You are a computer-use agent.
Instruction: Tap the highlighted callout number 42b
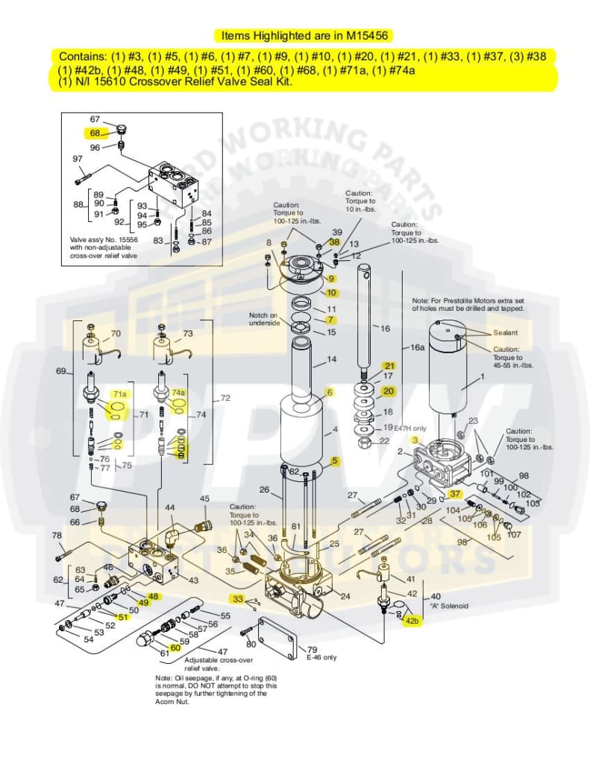click(412, 621)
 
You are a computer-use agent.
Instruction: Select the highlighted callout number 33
click(237, 598)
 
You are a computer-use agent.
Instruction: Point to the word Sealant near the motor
click(505, 332)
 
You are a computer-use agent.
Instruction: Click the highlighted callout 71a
click(119, 393)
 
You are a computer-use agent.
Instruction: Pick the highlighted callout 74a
click(178, 392)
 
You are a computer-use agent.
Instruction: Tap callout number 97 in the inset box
click(77, 159)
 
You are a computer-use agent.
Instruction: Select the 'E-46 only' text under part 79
click(321, 657)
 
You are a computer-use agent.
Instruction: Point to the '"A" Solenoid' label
click(448, 606)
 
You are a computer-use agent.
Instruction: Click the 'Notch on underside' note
click(263, 319)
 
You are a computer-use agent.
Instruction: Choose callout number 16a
click(418, 347)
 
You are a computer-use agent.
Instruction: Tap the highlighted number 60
click(175, 648)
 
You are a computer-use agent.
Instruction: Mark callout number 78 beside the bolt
click(57, 535)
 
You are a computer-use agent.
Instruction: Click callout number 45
click(204, 498)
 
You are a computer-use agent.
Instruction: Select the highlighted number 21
click(389, 366)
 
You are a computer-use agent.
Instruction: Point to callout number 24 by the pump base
click(345, 596)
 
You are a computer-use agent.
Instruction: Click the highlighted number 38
click(335, 242)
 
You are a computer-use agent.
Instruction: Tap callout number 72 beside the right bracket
click(225, 399)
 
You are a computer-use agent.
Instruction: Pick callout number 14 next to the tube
click(332, 360)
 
